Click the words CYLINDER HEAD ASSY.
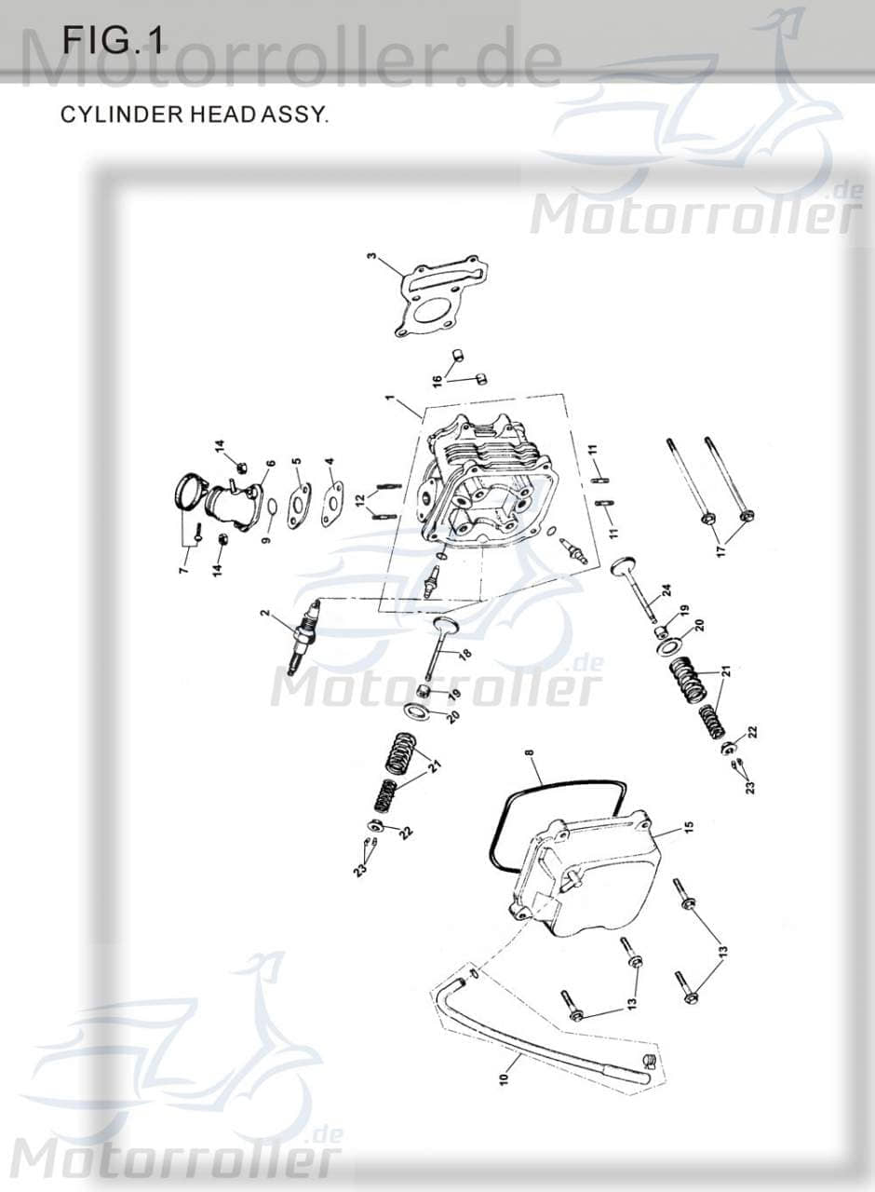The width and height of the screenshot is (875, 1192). coord(194,115)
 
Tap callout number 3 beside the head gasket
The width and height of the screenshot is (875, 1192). coord(370,257)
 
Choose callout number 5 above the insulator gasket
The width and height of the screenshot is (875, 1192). coord(296,462)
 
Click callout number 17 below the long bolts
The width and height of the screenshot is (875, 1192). coord(719,550)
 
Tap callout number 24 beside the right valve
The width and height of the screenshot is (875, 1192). coord(666,590)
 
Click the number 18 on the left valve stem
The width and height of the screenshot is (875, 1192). coord(464,654)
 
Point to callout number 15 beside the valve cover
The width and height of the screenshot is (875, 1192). coord(689,826)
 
